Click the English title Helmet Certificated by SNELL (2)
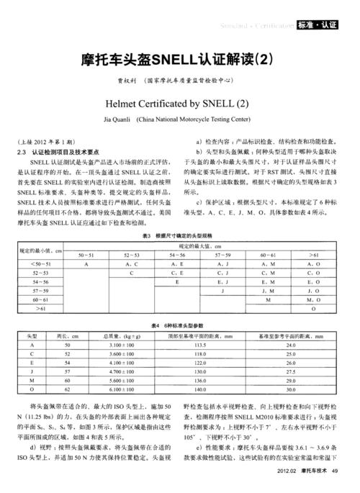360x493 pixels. pyautogui.click(x=180, y=101)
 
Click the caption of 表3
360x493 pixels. pyautogui.click(x=180, y=235)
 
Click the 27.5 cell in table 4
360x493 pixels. pyautogui.click(x=291, y=371)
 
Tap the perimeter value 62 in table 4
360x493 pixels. pyautogui.click(x=67, y=389)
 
